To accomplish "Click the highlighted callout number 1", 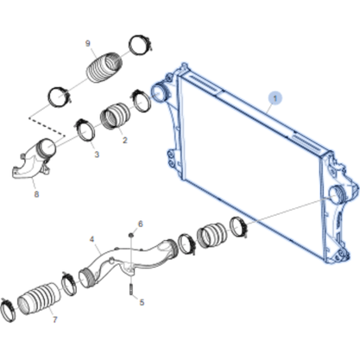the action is click(x=275, y=98).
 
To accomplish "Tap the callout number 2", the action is click(x=124, y=140).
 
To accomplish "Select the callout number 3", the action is click(x=97, y=155).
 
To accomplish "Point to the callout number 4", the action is click(x=92, y=239).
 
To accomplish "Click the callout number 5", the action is click(x=142, y=302).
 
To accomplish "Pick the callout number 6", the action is click(x=141, y=224).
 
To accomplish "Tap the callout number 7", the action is click(x=54, y=319).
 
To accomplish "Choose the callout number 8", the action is click(x=36, y=194).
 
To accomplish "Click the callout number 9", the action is click(x=88, y=43).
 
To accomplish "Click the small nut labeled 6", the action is click(x=130, y=235).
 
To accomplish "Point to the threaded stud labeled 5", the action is click(x=131, y=289).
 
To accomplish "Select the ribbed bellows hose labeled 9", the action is click(x=104, y=67).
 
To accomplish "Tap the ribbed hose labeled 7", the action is click(x=39, y=299).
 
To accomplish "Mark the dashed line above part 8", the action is click(x=47, y=126).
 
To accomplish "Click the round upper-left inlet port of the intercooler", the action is click(x=159, y=92).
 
